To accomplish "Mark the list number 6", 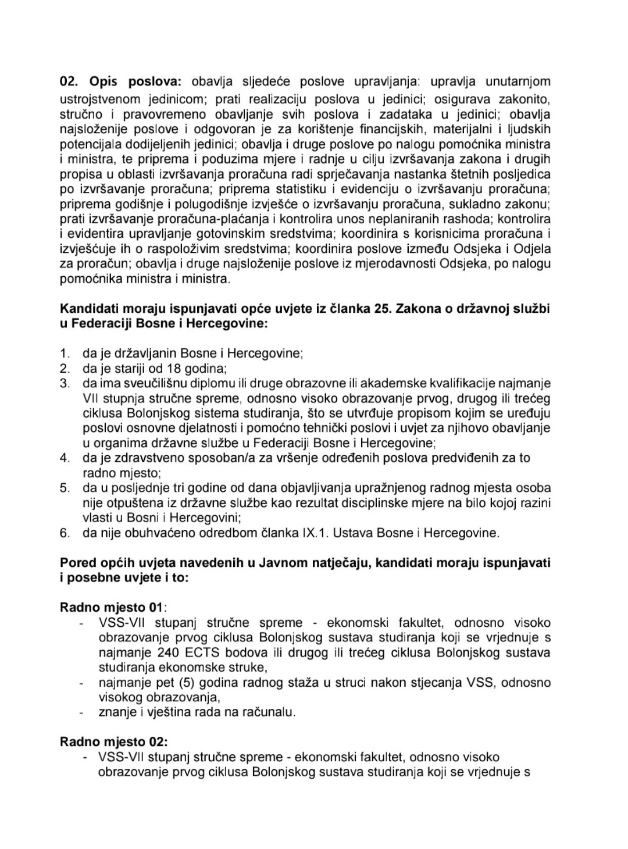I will tap(65, 533).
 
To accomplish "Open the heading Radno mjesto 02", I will tap(113, 742).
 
